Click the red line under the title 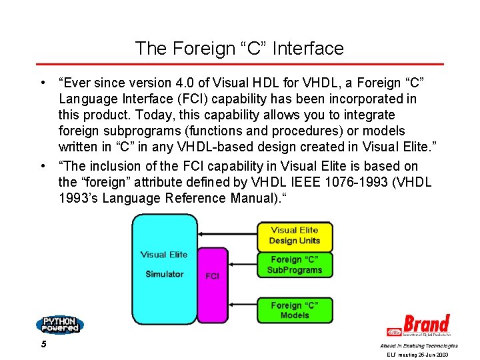(239, 65)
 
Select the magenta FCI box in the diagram (213, 275)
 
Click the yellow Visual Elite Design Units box (294, 235)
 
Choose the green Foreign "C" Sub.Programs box (294, 265)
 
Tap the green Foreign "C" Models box (294, 310)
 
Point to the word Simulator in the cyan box (164, 274)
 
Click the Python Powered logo (59, 325)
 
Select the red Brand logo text (426, 324)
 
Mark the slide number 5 (43, 345)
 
